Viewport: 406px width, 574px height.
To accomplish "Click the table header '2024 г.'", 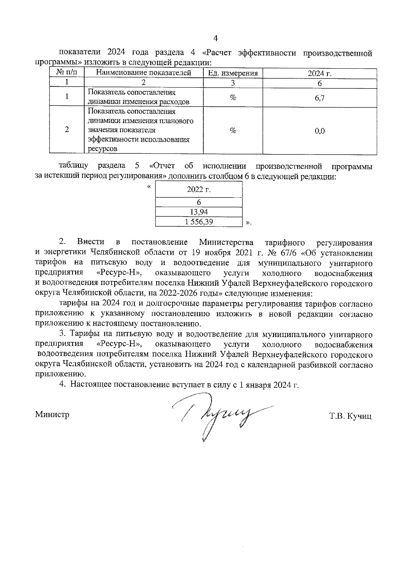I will click(319, 73).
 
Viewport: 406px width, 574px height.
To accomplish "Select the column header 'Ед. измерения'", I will click(233, 73).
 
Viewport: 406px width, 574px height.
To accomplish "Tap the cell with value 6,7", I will click(319, 98).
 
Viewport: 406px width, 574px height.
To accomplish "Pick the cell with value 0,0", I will click(319, 131).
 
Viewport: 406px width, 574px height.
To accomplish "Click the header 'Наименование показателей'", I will click(144, 73).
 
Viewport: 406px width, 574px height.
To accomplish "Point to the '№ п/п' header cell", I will click(67, 72).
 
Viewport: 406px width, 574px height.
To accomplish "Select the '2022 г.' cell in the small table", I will click(199, 190).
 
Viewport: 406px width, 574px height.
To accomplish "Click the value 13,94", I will click(199, 212).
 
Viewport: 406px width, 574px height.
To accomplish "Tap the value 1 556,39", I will click(199, 222).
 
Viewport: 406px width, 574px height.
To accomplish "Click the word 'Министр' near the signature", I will click(52, 414).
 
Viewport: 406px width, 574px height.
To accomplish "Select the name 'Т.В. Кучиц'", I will click(350, 416).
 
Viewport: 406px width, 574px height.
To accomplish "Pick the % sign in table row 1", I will click(233, 98).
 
